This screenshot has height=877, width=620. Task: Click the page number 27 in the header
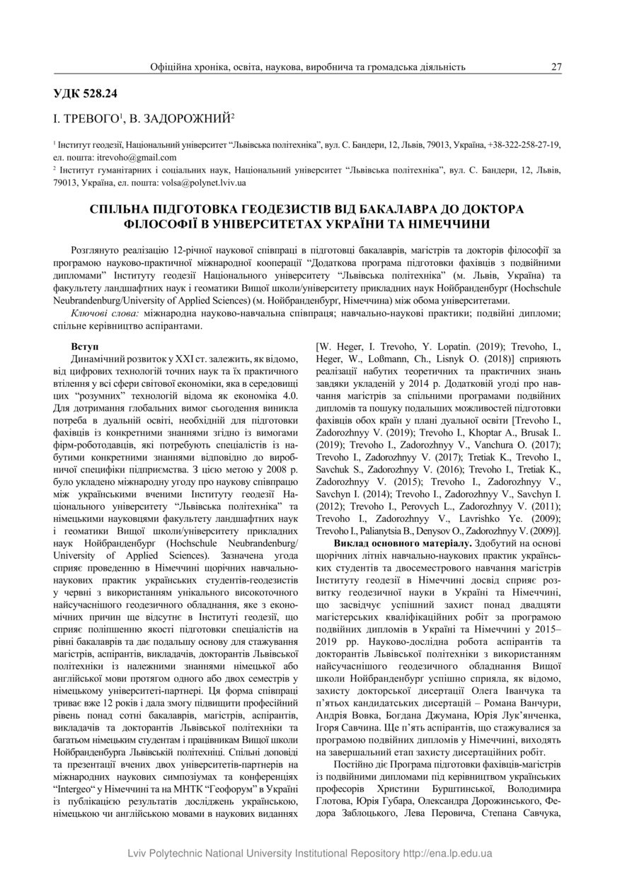click(x=556, y=66)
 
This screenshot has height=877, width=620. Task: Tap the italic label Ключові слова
click(x=105, y=313)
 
